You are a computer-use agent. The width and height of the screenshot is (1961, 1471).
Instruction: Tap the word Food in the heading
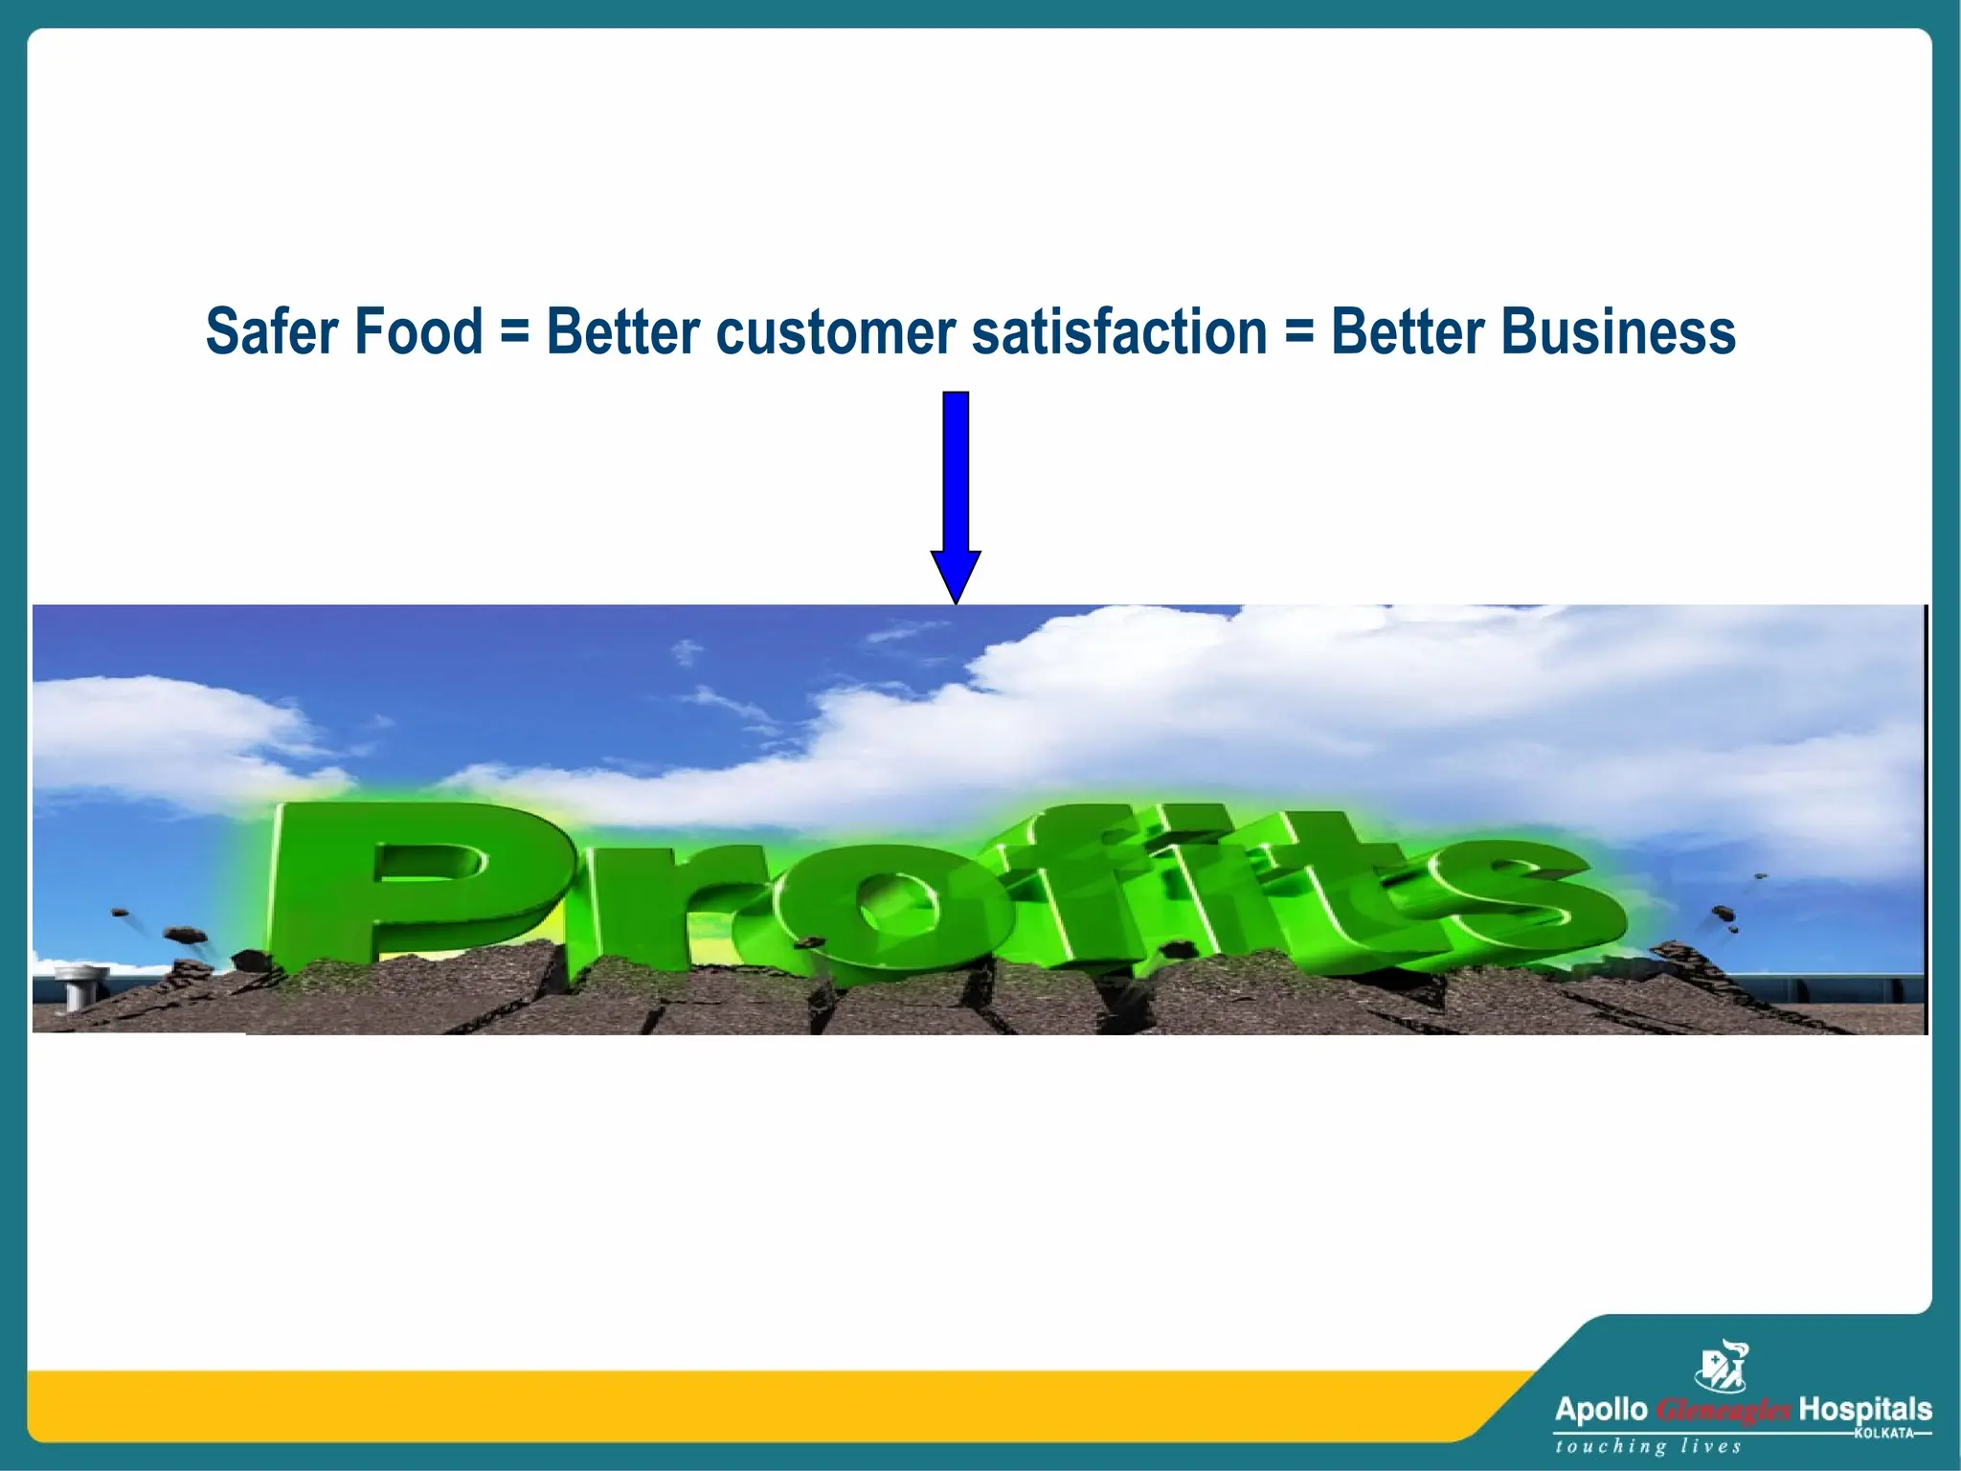(x=418, y=331)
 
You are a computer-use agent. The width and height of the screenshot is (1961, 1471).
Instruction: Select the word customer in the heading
(x=835, y=331)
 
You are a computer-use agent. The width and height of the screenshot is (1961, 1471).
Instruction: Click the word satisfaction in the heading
(x=1119, y=331)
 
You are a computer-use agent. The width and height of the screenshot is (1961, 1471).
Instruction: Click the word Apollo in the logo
(x=1601, y=1409)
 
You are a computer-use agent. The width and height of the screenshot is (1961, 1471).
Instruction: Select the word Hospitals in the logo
(x=1864, y=1409)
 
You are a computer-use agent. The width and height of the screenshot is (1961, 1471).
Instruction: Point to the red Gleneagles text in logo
(x=1724, y=1411)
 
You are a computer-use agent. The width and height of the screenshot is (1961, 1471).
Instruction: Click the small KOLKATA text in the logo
(x=1883, y=1433)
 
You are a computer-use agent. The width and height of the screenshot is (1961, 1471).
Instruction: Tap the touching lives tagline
(x=1647, y=1447)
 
